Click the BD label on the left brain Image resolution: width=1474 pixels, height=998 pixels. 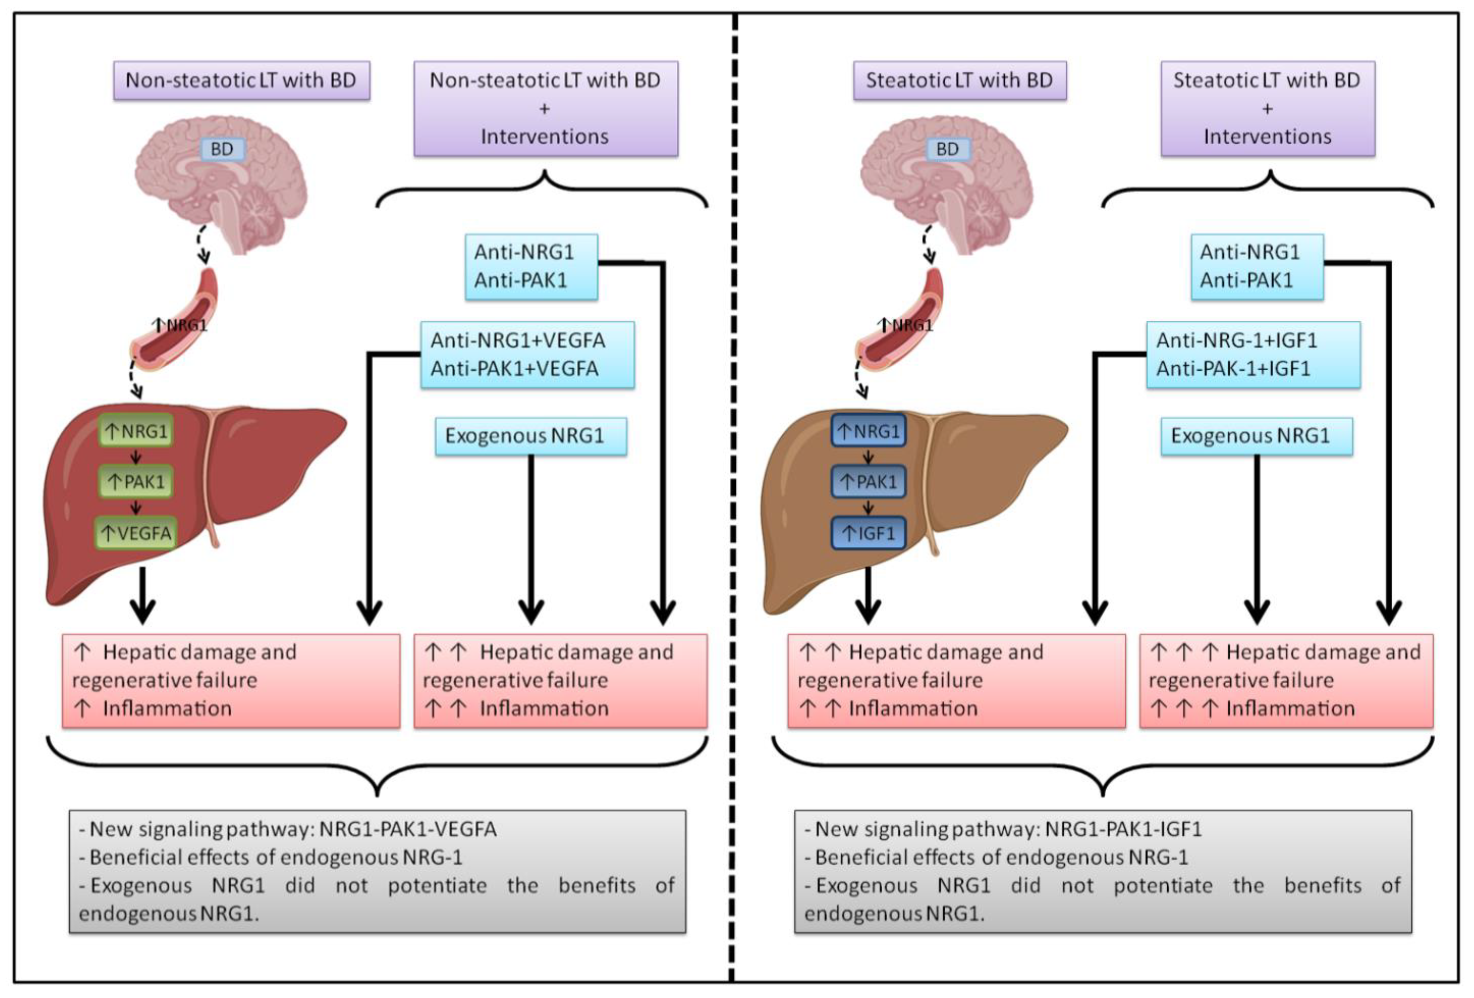coord(221,149)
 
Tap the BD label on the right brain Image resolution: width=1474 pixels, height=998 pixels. coord(947,149)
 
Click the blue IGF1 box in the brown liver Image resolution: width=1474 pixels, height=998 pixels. coord(868,533)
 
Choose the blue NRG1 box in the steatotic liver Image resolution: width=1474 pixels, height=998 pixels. coord(868,431)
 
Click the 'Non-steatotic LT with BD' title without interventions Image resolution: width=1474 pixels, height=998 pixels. coord(241,81)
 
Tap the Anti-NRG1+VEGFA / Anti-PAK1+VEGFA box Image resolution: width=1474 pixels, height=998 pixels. coord(527,354)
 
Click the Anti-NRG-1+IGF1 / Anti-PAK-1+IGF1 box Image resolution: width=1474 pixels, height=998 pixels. coord(1253,354)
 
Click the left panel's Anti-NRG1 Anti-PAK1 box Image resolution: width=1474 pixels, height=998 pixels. coord(531,266)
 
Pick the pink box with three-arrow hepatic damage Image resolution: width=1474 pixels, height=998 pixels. coord(1286,680)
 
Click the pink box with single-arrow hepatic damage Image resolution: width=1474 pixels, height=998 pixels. coord(231,680)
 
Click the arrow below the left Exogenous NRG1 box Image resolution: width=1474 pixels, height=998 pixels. coord(531,539)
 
